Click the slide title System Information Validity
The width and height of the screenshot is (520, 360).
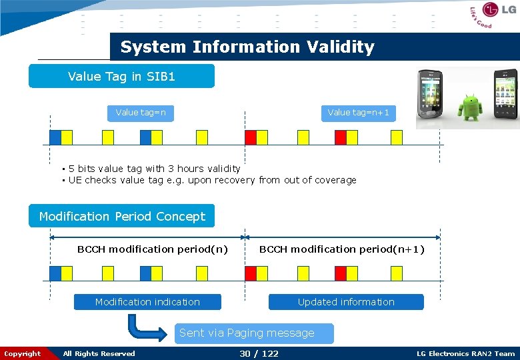point(247,47)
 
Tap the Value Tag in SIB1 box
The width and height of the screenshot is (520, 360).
point(121,77)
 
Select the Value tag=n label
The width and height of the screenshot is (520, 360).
point(141,113)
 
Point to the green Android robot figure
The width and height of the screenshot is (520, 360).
point(471,101)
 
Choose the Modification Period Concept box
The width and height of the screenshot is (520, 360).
point(122,217)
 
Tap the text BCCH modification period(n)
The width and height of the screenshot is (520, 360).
point(152,249)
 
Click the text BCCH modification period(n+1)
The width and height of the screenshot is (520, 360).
point(341,249)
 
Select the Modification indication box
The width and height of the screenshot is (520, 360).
point(147,302)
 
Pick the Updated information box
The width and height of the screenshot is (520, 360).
point(346,302)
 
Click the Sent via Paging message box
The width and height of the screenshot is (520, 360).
point(247,333)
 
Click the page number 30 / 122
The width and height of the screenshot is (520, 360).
point(259,353)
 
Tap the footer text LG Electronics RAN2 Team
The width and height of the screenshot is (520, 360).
point(465,354)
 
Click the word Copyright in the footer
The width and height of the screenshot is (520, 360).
point(22,354)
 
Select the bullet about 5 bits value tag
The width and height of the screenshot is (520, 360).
point(154,169)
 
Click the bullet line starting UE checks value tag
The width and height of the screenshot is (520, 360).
point(212,180)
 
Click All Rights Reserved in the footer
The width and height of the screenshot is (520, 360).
point(99,354)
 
